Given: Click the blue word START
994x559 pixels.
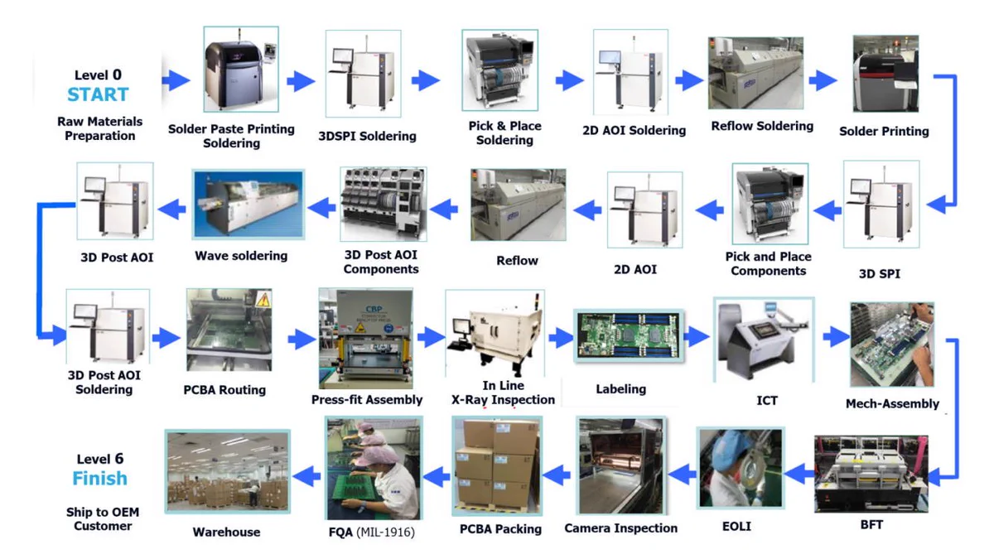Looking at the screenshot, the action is tap(98, 94).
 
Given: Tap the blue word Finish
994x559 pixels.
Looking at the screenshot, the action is tap(100, 479).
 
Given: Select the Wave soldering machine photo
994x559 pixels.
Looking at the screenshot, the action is tap(248, 205).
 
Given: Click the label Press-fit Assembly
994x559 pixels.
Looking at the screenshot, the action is tap(367, 400).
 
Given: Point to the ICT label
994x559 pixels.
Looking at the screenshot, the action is tap(767, 401).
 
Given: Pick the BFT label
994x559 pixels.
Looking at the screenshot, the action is tap(871, 525).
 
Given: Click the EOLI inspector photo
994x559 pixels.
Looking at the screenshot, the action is tap(741, 468).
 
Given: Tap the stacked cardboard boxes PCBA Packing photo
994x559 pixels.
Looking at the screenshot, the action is tap(497, 465).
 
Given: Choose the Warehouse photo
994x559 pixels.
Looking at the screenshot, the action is tap(228, 471).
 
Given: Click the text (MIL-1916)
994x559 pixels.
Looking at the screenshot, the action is tap(386, 532).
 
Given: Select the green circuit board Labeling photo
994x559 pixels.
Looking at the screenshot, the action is tap(629, 336).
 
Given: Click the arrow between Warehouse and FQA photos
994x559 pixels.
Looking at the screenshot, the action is tap(306, 476).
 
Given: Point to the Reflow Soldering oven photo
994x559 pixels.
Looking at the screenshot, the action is tap(755, 73).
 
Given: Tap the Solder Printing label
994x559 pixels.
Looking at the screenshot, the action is tap(884, 132).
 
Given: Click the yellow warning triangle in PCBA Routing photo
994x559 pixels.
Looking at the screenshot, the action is tap(263, 300).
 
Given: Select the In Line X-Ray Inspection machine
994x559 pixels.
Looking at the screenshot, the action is tap(495, 334).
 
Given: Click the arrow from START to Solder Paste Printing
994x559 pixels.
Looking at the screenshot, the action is tap(176, 80).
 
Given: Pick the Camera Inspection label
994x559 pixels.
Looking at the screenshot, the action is tap(620, 528).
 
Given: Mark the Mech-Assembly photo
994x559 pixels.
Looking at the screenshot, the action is tap(892, 345).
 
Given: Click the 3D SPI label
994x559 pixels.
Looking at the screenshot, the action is tap(880, 274).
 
